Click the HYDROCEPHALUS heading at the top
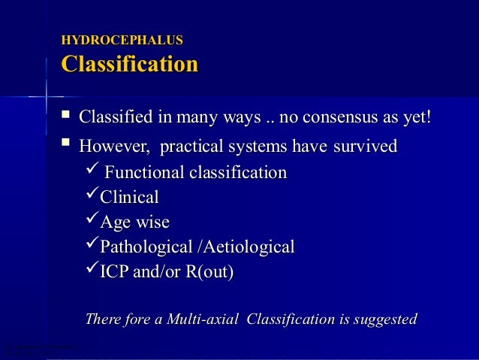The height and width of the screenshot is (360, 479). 122,40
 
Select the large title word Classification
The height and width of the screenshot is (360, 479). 129,64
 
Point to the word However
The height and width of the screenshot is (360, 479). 113,146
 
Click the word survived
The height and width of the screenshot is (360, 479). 363,146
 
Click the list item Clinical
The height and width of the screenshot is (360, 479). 130,198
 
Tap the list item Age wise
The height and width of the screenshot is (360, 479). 135,222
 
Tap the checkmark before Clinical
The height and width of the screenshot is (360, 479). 90,197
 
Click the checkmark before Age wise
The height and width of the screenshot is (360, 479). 90,222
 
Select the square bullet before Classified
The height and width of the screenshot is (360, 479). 66,117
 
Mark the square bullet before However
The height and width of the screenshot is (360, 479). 66,144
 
